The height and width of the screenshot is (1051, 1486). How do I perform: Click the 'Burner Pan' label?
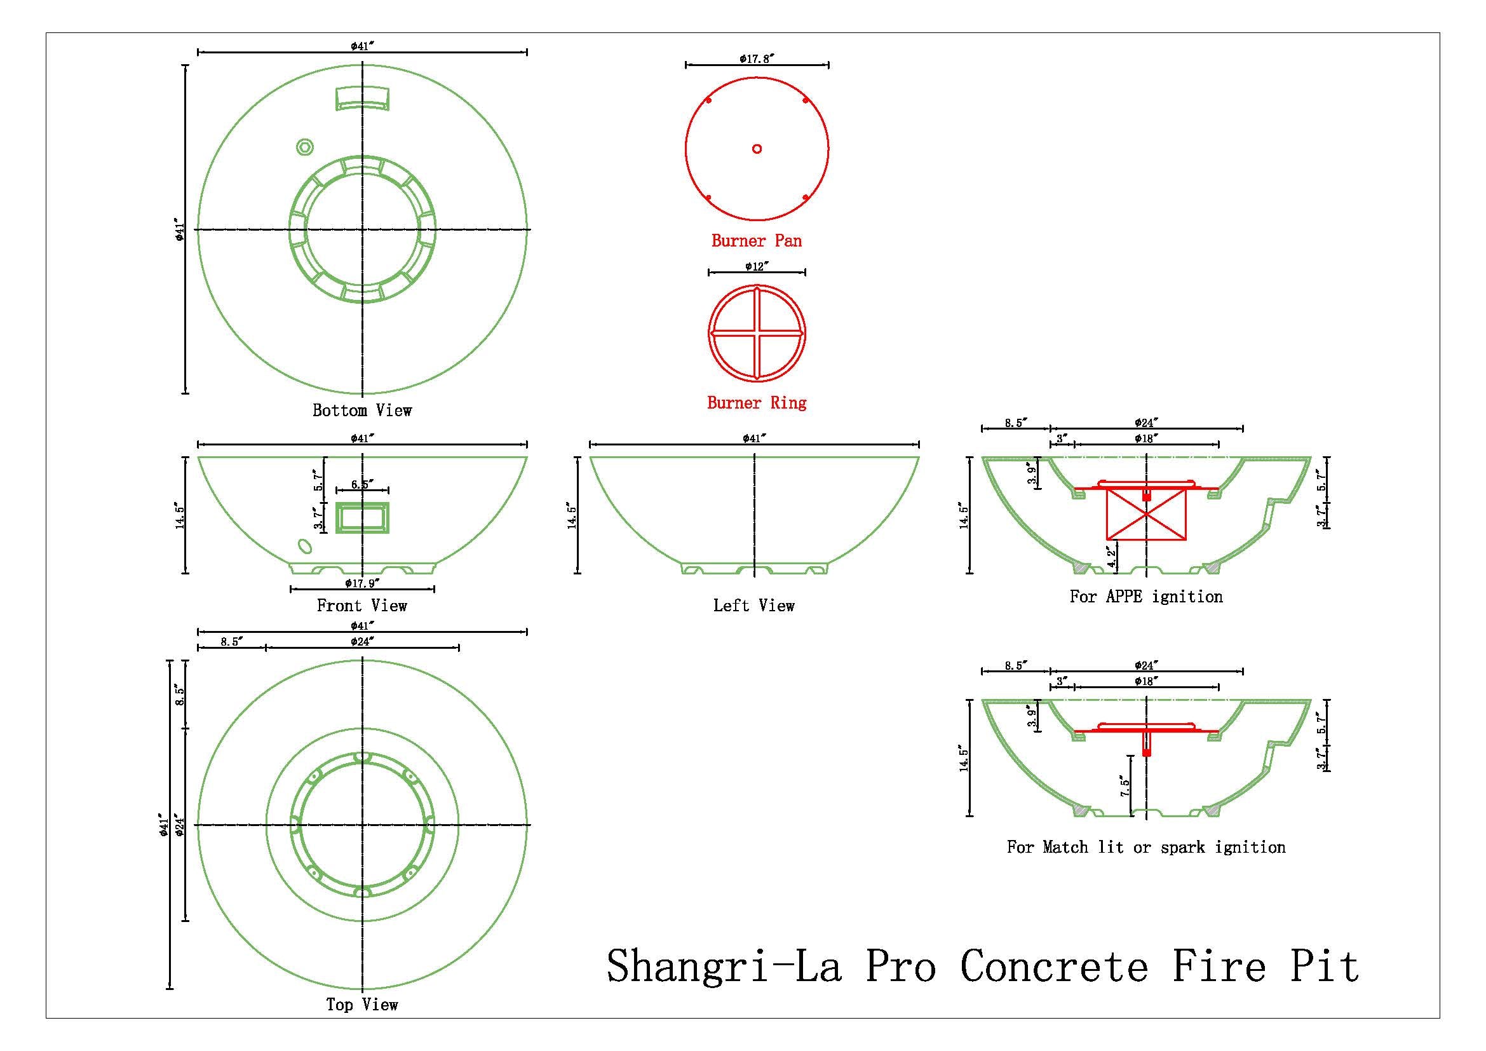[757, 241]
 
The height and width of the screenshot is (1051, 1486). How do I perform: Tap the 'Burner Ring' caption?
[757, 402]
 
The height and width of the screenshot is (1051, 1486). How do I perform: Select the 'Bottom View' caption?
[361, 410]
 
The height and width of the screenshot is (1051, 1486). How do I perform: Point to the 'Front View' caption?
[361, 606]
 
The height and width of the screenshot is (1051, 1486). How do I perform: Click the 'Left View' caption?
[754, 606]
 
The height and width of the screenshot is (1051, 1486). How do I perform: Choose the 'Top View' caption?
[361, 1005]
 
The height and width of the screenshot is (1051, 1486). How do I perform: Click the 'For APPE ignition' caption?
[1146, 597]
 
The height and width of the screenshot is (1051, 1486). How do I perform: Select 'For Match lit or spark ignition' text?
[1146, 847]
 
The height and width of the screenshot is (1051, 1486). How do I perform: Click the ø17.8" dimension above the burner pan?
[757, 59]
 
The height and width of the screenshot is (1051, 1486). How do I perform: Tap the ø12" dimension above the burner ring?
[757, 266]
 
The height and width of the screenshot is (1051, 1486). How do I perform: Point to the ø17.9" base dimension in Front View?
[361, 583]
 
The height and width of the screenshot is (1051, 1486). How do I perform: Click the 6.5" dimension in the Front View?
[361, 484]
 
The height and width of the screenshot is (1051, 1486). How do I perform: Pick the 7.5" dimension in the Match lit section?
[1126, 786]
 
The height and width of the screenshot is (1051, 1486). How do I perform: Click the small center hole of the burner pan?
[757, 149]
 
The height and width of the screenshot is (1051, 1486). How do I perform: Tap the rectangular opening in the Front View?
[361, 517]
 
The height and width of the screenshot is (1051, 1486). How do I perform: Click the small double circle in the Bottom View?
[304, 147]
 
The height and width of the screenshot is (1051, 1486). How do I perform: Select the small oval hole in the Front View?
[304, 546]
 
